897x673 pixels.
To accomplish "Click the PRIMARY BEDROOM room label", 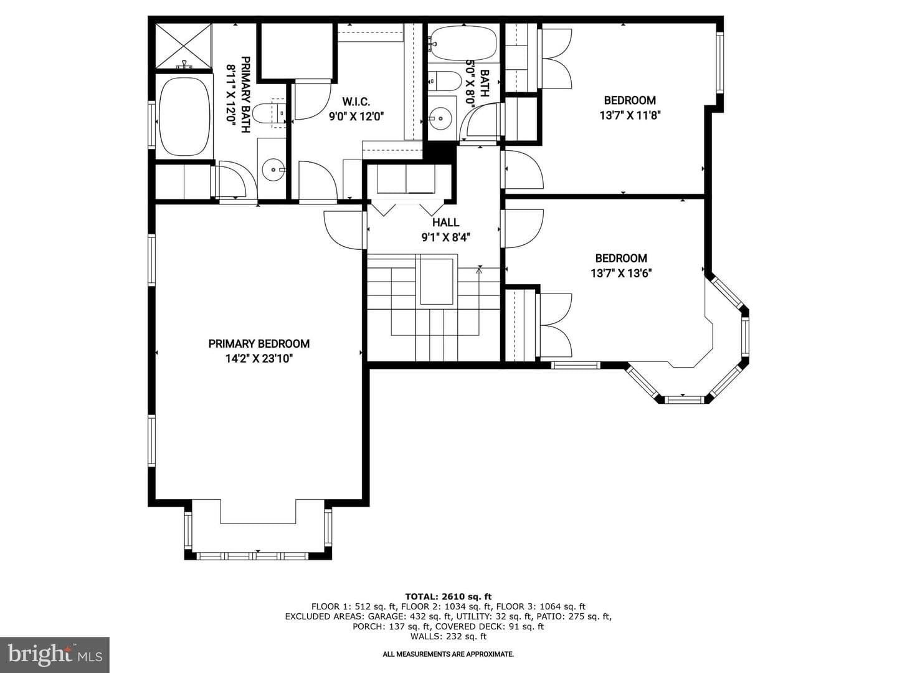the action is [x=259, y=343].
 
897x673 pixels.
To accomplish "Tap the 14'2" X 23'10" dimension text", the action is [x=259, y=359].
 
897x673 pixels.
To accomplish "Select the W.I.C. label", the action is [x=356, y=102].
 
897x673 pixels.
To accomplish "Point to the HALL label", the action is [x=445, y=222].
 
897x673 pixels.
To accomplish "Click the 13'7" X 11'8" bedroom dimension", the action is [x=630, y=115].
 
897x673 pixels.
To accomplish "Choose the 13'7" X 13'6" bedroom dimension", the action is [x=621, y=273].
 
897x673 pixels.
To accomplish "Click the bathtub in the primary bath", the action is [x=184, y=117].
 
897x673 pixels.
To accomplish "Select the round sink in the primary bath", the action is [x=273, y=169].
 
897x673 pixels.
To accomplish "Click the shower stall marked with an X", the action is [x=184, y=46].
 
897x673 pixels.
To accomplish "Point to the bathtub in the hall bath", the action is [x=463, y=44].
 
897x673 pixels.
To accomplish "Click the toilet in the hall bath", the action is [x=444, y=81].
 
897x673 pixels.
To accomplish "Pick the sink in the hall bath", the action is [x=440, y=118].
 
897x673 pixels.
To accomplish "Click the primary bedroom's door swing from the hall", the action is [x=343, y=229].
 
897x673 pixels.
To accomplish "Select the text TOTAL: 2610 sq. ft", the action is [x=448, y=596].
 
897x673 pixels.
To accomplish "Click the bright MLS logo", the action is [x=55, y=655].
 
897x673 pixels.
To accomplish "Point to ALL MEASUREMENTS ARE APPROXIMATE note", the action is [x=448, y=654].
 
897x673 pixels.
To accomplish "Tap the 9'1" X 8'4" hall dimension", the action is [x=446, y=237].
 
